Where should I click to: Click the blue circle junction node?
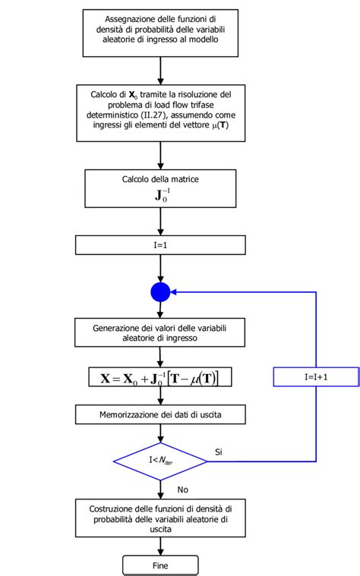click(x=160, y=291)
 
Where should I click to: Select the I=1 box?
click(x=160, y=245)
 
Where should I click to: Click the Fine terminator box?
click(x=160, y=565)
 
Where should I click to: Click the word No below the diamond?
click(x=182, y=489)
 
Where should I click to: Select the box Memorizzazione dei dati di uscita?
click(x=160, y=414)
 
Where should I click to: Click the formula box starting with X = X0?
click(x=160, y=377)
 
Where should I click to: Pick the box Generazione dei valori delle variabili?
click(x=160, y=333)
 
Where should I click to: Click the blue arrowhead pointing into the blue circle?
click(x=175, y=291)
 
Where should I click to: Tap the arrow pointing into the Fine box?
click(x=160, y=551)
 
